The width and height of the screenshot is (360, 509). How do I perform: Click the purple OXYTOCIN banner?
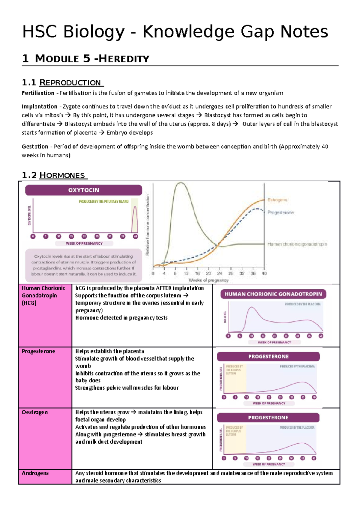point(83,190)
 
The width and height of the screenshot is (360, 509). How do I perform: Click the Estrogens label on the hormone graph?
point(277,200)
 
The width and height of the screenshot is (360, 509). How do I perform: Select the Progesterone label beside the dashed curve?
point(280,213)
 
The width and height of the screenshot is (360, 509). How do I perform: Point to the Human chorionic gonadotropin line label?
point(297,244)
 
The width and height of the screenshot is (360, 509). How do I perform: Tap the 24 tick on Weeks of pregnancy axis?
point(220,273)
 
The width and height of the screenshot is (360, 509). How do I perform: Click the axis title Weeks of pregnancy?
point(208,281)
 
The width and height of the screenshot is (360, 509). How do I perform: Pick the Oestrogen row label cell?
point(35,412)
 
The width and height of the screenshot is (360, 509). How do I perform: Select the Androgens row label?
point(35,473)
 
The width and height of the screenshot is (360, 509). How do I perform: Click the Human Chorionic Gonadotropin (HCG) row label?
point(43,295)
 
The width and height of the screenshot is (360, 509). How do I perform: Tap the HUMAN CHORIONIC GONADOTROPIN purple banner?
point(273,294)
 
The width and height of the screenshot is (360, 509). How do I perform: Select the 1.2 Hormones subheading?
point(55,175)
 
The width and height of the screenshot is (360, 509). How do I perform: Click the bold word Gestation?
point(35,147)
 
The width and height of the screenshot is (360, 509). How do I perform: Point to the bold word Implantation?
point(39,106)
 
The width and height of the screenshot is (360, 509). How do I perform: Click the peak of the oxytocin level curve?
point(135,207)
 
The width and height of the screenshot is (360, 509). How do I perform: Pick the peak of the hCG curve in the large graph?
point(181,183)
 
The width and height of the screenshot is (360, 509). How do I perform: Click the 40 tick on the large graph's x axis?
point(264,273)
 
